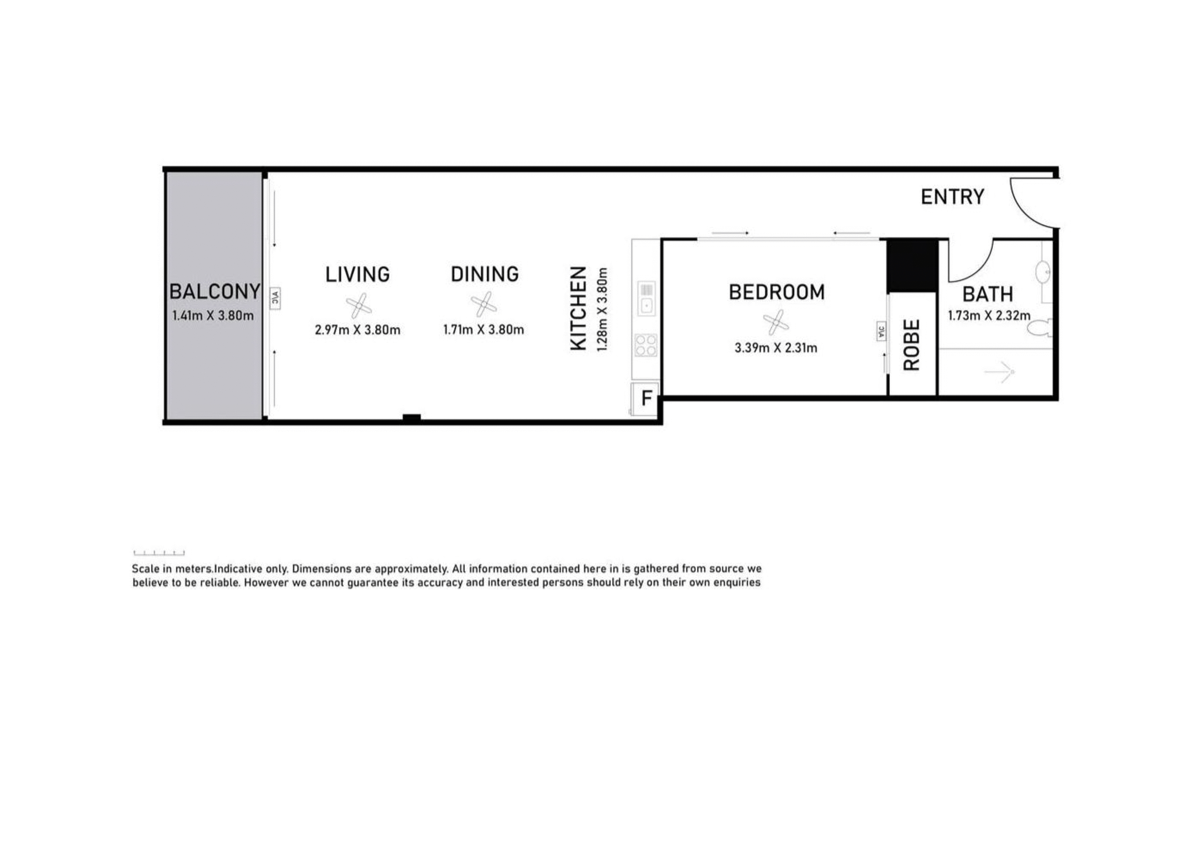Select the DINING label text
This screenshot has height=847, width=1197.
(x=485, y=274)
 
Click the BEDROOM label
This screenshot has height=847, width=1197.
(x=777, y=292)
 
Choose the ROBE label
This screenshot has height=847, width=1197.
(x=911, y=345)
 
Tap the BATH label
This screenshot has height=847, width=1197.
(x=988, y=294)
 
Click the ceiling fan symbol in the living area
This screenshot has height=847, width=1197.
(x=359, y=306)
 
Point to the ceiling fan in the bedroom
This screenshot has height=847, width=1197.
(x=776, y=323)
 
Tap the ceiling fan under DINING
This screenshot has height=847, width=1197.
(x=484, y=304)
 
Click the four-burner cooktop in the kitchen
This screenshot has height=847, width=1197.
(x=646, y=345)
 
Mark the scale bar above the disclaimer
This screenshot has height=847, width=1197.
(x=159, y=553)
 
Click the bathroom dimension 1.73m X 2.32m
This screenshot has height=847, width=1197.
(x=989, y=315)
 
